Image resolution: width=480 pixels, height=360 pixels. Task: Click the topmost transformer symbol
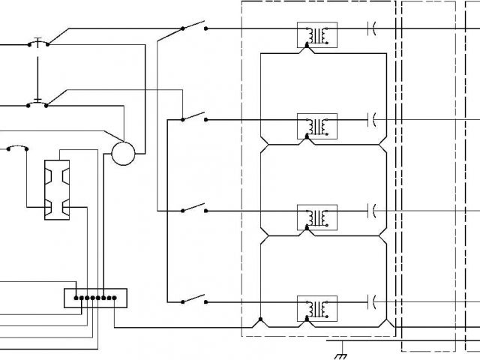[x=317, y=35]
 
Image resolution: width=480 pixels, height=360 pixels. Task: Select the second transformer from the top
[x=317, y=126]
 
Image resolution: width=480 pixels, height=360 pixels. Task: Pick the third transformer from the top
[x=317, y=217]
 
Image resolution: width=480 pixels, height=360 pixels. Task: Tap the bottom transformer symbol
[x=317, y=308]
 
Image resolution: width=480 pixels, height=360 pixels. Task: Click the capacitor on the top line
[x=370, y=29]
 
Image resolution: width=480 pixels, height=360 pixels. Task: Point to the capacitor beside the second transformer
[x=370, y=119]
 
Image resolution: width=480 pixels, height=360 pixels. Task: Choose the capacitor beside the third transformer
[x=370, y=211]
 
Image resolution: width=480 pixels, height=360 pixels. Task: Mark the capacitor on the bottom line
[x=370, y=302]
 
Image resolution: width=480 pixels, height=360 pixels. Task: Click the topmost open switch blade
[x=193, y=28]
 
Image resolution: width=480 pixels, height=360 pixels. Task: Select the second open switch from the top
[x=193, y=118]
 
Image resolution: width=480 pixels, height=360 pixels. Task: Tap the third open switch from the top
[x=193, y=209]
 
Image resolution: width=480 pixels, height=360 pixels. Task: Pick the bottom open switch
[x=193, y=301]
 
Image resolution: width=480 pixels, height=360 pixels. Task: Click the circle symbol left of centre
[x=122, y=154]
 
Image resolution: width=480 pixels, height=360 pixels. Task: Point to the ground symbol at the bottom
[x=341, y=347]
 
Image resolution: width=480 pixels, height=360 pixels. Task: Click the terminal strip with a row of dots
[x=95, y=298]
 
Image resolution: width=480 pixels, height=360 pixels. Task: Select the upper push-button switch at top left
[x=38, y=42]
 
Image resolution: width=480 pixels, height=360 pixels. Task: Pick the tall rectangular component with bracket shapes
[x=57, y=190]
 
